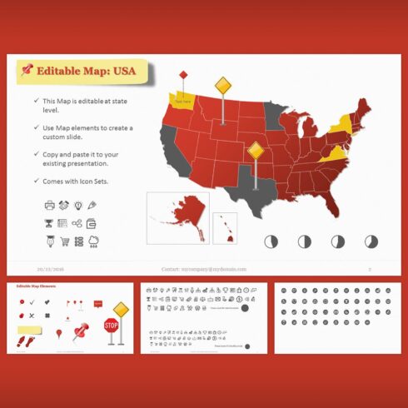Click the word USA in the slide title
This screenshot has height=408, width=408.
click(122, 71)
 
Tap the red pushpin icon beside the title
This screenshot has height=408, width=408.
click(27, 70)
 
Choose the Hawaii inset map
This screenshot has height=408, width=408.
click(225, 226)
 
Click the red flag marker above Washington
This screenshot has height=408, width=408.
click(182, 76)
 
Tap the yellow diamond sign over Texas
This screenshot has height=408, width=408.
click(256, 152)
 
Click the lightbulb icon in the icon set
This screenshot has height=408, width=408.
click(77, 205)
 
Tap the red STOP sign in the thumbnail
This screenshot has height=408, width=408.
click(111, 326)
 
